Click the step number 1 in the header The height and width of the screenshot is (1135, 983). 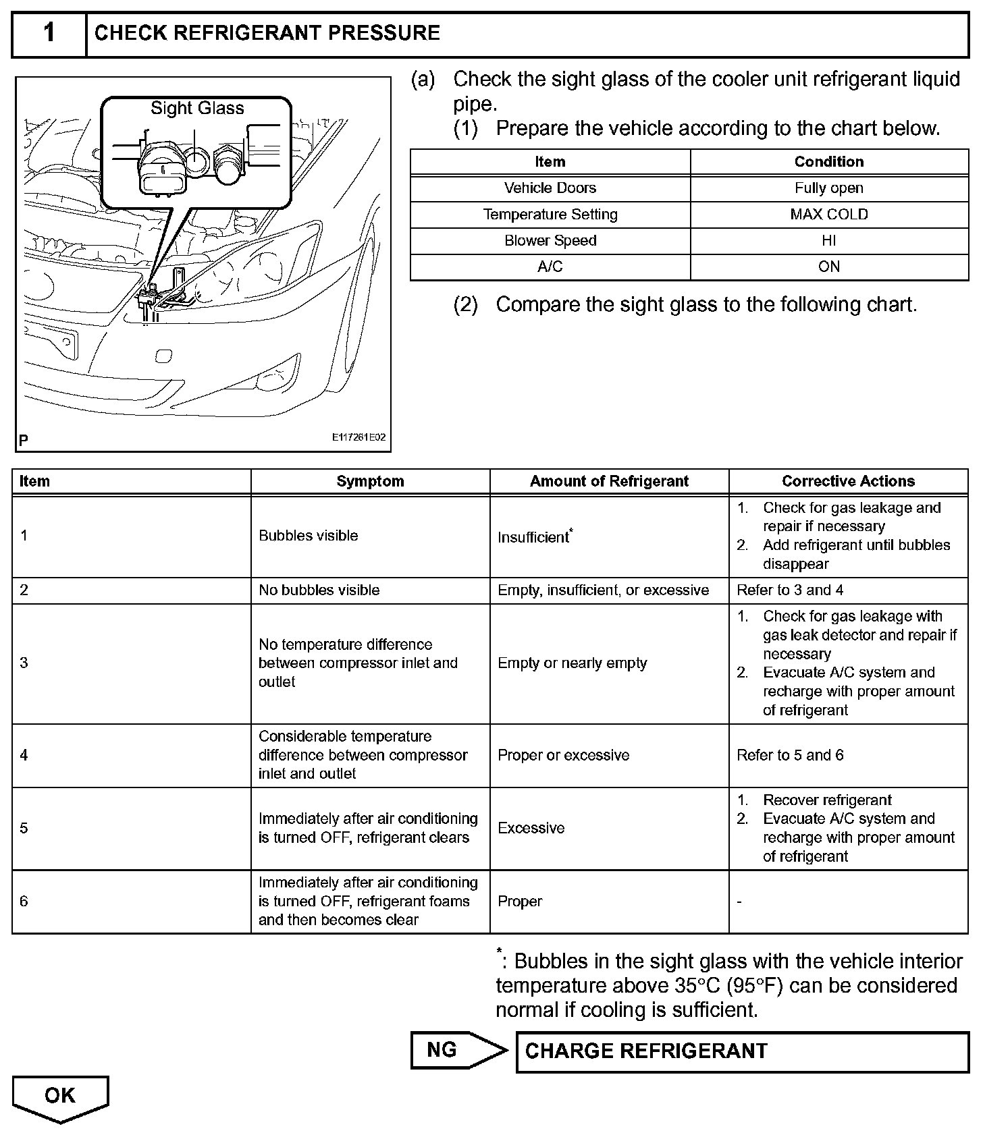pyautogui.click(x=49, y=33)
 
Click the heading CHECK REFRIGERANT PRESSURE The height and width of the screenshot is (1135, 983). pyautogui.click(x=267, y=33)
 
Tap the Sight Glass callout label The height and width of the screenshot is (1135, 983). pyautogui.click(x=196, y=108)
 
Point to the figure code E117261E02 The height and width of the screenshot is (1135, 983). pyautogui.click(x=358, y=437)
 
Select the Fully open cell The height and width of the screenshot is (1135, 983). pyautogui.click(x=828, y=188)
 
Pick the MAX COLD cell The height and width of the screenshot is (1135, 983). pyautogui.click(x=828, y=215)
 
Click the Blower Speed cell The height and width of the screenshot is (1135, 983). pyautogui.click(x=550, y=241)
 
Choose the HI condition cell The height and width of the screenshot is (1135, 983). pyautogui.click(x=828, y=241)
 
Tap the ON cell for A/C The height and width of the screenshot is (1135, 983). pyautogui.click(x=828, y=267)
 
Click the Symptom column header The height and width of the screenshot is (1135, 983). pyautogui.click(x=370, y=481)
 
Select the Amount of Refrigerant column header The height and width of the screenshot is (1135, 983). pyautogui.click(x=609, y=481)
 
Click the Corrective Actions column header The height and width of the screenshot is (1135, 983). pyautogui.click(x=848, y=481)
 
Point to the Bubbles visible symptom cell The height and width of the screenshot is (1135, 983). pyautogui.click(x=309, y=536)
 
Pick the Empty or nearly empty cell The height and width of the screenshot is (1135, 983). pyautogui.click(x=572, y=663)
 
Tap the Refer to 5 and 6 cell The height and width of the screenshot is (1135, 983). pyautogui.click(x=790, y=755)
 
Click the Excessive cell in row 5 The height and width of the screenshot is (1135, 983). pyautogui.click(x=531, y=828)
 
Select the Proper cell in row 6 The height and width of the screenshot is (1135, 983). pyautogui.click(x=520, y=902)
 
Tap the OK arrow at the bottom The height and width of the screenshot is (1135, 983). pyautogui.click(x=60, y=1096)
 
